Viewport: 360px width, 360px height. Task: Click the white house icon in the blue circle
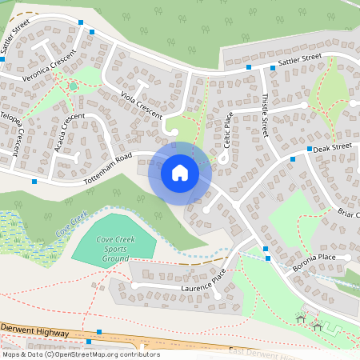coord(180,172)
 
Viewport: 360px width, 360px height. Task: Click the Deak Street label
coord(333,148)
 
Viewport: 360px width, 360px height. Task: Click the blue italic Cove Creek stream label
coord(71,226)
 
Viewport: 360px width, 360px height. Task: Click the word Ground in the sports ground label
coord(116,259)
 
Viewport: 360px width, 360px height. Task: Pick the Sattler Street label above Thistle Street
coord(299,60)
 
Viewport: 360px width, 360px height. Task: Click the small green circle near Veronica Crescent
coord(73,86)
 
